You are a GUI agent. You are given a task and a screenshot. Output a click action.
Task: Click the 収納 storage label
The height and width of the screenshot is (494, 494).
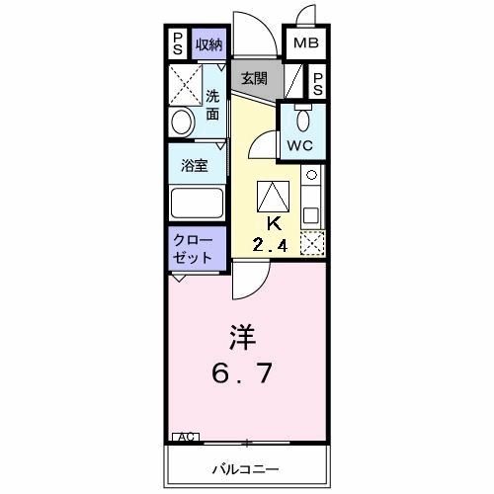click(208, 43)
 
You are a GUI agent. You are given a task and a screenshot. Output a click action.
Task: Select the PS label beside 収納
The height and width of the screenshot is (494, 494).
click(177, 43)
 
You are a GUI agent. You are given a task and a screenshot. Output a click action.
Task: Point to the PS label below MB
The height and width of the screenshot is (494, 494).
click(319, 83)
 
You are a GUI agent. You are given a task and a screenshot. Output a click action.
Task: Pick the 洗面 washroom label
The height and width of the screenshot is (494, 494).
click(213, 105)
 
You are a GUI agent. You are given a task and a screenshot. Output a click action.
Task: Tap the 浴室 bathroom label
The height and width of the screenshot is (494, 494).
click(193, 166)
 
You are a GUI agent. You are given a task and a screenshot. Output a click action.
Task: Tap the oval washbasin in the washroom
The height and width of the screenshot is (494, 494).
click(181, 122)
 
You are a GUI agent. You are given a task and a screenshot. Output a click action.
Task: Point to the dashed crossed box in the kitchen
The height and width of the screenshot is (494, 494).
click(312, 242)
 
